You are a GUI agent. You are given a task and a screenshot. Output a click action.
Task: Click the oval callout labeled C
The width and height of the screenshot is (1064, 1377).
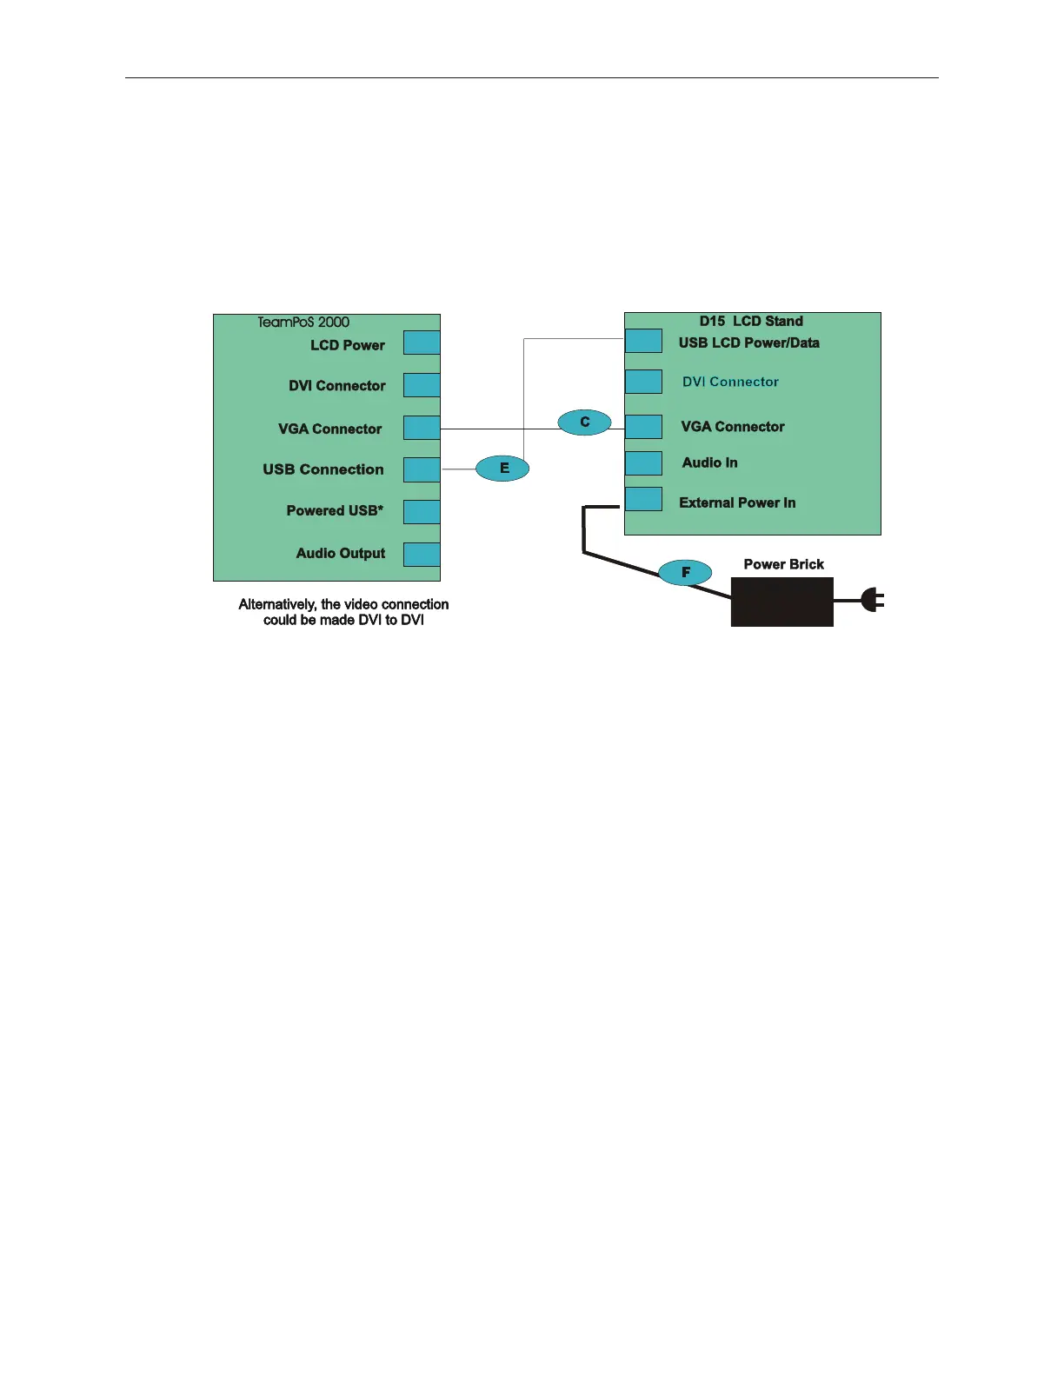click(584, 422)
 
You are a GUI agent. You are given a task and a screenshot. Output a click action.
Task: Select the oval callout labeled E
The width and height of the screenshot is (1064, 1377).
click(502, 469)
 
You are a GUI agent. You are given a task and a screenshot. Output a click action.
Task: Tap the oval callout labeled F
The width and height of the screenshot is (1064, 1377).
click(685, 572)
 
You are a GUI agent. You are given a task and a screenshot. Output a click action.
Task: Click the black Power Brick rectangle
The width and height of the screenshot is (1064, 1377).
click(781, 602)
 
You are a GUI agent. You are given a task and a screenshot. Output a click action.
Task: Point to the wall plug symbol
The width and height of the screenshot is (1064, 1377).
click(872, 600)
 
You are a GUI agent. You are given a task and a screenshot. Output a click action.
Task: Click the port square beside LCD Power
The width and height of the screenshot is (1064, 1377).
click(422, 343)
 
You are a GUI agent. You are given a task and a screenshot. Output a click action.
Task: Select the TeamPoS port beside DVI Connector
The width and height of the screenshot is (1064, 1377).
click(422, 385)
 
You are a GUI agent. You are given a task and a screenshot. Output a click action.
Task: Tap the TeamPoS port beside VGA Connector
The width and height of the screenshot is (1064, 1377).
click(422, 428)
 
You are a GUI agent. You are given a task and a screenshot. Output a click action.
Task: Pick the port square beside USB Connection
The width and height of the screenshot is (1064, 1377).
click(422, 469)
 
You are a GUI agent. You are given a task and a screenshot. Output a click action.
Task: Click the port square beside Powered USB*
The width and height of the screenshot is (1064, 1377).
click(422, 511)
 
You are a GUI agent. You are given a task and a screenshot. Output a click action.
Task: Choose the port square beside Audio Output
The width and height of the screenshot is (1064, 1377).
click(422, 555)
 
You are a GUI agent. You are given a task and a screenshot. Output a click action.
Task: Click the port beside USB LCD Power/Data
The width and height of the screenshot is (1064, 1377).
click(643, 341)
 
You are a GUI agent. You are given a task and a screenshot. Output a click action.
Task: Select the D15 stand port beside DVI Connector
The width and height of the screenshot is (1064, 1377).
click(643, 382)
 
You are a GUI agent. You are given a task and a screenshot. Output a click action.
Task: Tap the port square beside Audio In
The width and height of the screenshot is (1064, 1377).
click(643, 462)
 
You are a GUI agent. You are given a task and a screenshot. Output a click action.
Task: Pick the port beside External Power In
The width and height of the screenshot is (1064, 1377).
click(643, 499)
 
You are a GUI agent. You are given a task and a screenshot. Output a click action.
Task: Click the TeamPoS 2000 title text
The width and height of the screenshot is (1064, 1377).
click(303, 323)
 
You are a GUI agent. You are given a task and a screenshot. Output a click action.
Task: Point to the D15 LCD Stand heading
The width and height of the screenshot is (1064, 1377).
click(751, 322)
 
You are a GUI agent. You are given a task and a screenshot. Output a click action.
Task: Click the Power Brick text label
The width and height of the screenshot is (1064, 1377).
click(783, 564)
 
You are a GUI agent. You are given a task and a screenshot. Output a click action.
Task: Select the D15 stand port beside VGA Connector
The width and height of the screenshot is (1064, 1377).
click(643, 426)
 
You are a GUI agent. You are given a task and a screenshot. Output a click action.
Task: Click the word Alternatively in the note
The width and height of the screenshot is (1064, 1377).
click(277, 604)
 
